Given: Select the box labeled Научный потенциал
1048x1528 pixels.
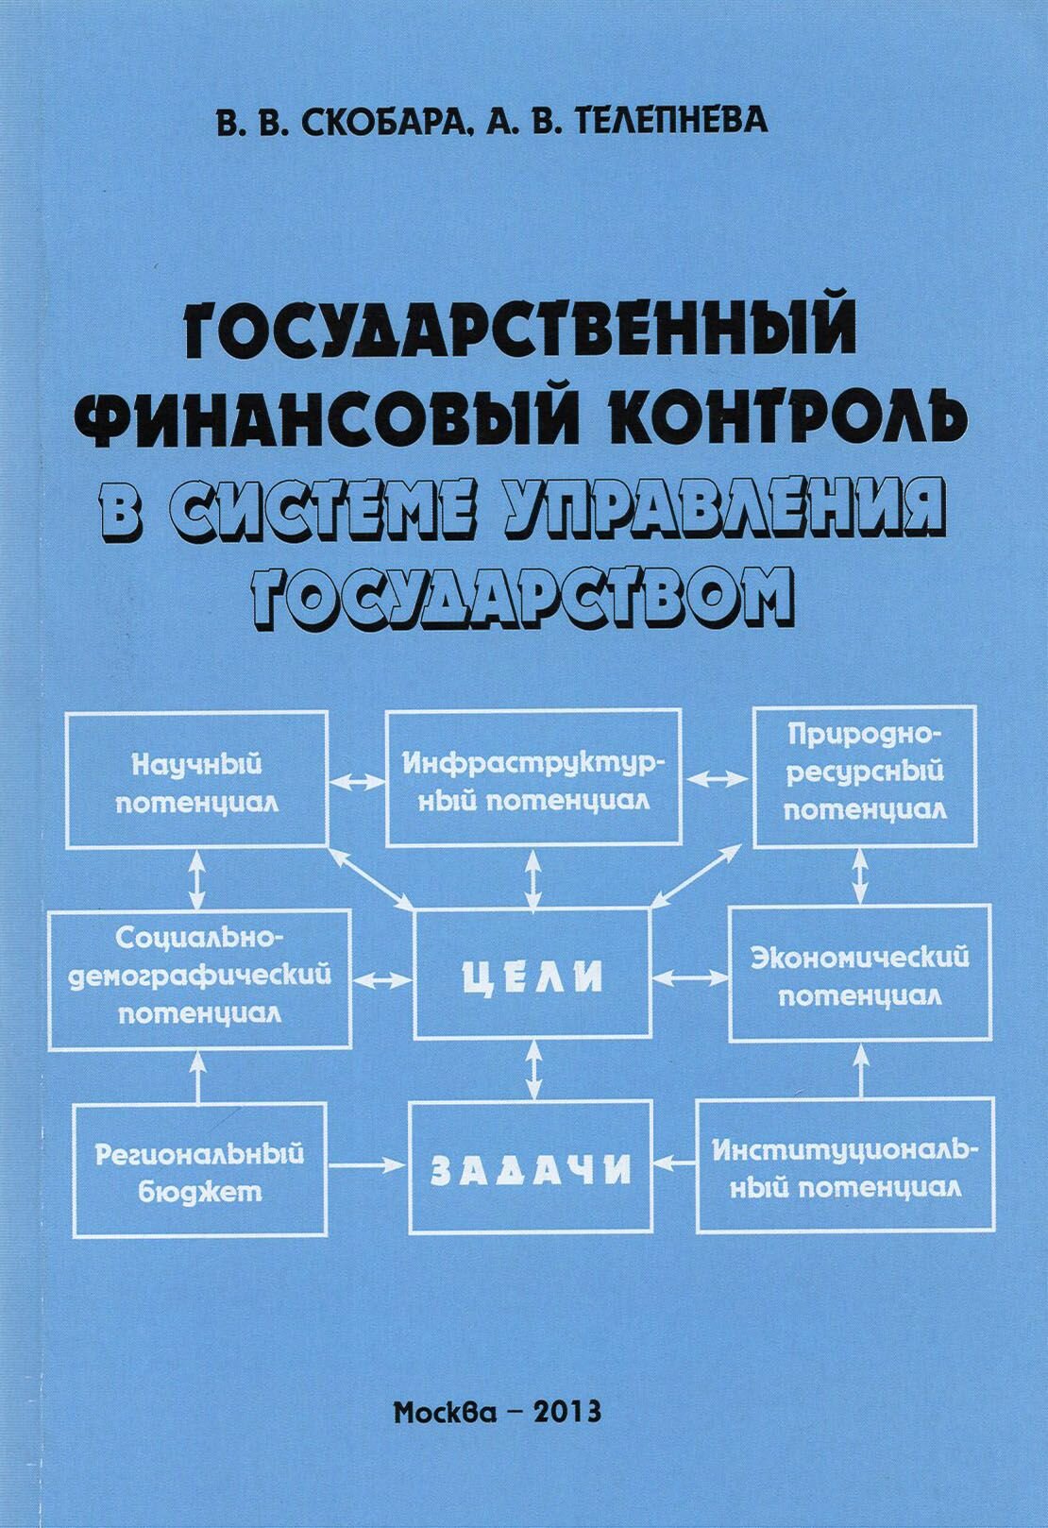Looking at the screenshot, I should point(196,779).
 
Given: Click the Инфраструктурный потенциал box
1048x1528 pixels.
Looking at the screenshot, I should point(532,776).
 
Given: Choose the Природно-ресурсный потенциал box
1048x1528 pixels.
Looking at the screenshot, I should point(865,776).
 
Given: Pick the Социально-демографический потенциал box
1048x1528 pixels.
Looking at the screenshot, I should point(200,979).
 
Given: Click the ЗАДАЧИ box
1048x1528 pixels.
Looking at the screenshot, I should point(531,1167).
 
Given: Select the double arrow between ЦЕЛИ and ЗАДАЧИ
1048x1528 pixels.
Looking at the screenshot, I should point(532,1069).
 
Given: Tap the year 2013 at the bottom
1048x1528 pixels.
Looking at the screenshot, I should point(566,1412).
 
